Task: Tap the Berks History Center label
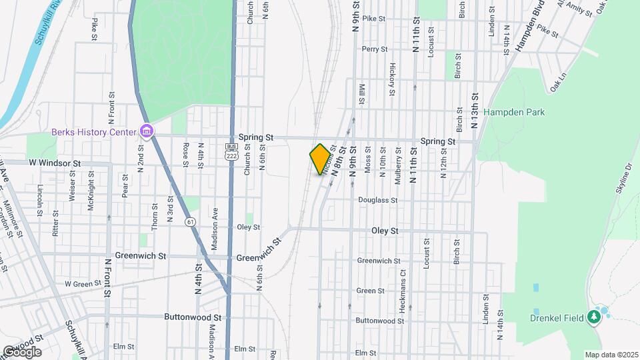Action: [94, 131]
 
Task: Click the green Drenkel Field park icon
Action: [593, 317]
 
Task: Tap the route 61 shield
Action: [191, 221]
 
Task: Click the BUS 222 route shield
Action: [231, 150]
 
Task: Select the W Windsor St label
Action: [54, 163]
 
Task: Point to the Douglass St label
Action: [377, 199]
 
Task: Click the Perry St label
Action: [374, 49]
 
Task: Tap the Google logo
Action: [21, 352]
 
